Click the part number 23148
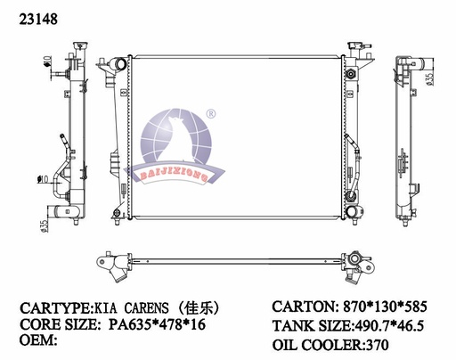tap(38, 20)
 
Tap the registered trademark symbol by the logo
tap(211, 114)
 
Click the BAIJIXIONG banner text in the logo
tap(174, 176)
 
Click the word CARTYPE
tap(54, 308)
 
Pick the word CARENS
tap(146, 308)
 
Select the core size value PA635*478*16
tap(157, 324)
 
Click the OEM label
tap(38, 340)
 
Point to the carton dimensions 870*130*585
tap(385, 307)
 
